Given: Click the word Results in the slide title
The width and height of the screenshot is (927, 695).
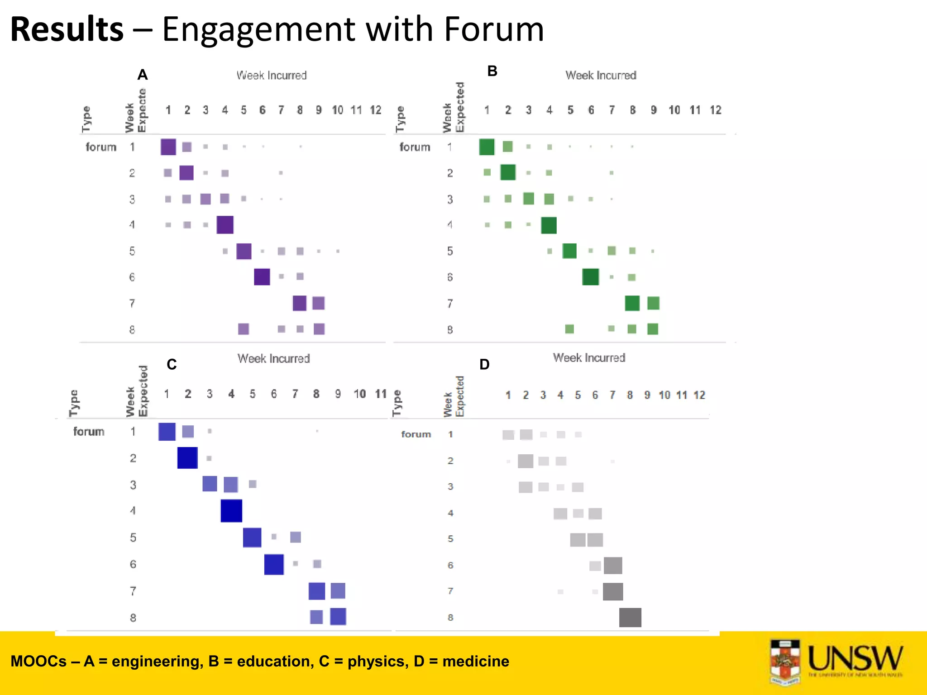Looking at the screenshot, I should tap(67, 30).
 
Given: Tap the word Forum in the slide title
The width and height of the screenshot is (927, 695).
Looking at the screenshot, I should tap(494, 30).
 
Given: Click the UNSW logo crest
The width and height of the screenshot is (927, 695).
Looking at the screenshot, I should tap(785, 662).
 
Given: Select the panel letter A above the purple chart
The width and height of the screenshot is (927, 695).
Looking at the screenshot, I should tap(143, 75).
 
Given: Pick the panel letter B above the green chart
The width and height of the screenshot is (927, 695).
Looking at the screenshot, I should tap(492, 71).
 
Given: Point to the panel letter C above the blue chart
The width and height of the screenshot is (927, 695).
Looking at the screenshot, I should tap(172, 364).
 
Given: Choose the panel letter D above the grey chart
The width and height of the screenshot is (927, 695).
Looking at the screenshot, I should tap(484, 364).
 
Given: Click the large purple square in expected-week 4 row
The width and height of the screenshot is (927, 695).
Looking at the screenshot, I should tap(225, 225).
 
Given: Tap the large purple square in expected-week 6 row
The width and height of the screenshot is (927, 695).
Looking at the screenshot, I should tap(262, 277).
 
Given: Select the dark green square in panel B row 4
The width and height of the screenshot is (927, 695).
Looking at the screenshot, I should tap(549, 225).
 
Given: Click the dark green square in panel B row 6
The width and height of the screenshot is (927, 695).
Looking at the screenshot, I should tap(591, 277).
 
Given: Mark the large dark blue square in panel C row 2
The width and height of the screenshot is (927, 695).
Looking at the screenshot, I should tap(187, 457).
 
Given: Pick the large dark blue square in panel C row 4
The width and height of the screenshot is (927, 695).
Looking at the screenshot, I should tap(231, 511).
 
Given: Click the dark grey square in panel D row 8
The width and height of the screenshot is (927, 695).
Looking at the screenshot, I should tap(630, 618).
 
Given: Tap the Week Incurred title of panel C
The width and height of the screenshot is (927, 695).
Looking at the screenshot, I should tap(274, 359).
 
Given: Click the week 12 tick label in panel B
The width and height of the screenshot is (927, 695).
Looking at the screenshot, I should tap(716, 110).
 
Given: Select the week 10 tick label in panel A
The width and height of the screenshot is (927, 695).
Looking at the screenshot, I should tap(338, 110).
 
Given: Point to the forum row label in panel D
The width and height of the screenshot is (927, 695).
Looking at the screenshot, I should tap(416, 434).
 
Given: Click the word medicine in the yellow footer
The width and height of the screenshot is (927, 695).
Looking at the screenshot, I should tap(476, 662).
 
